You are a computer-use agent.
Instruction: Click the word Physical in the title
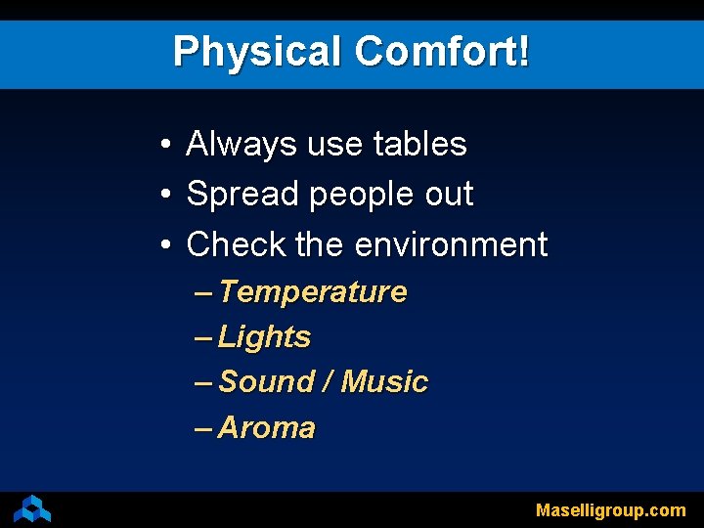(x=257, y=52)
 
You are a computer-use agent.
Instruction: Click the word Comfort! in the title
(x=443, y=52)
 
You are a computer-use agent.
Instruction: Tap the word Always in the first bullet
(x=242, y=145)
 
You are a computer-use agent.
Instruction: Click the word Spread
(x=242, y=195)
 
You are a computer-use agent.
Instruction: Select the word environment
(x=451, y=244)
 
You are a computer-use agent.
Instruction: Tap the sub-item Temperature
(x=313, y=292)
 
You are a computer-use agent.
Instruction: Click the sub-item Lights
(x=264, y=338)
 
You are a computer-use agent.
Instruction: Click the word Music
(x=384, y=382)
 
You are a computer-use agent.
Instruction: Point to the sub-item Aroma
(x=266, y=428)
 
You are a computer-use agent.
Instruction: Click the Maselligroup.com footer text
(x=610, y=510)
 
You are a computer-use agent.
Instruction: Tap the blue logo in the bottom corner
(x=32, y=508)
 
